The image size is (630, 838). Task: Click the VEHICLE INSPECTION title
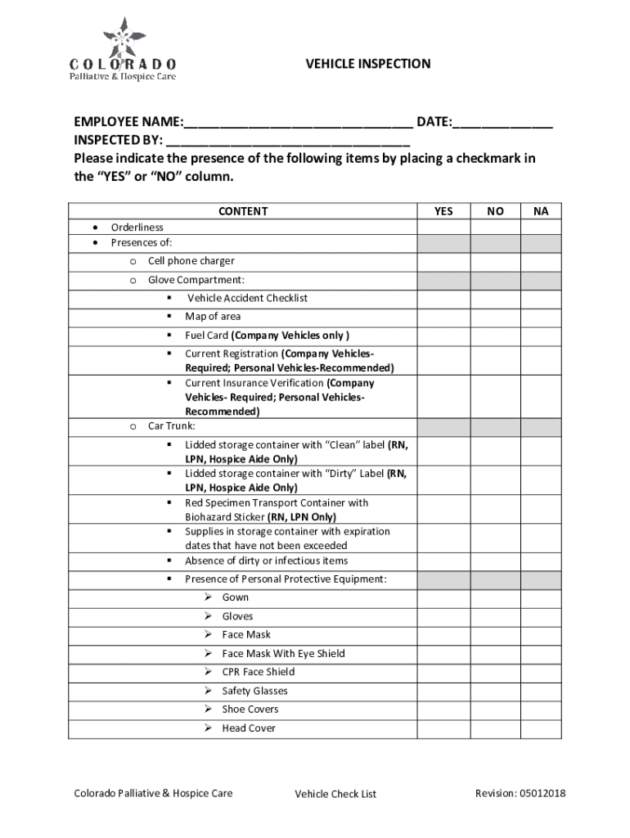click(367, 64)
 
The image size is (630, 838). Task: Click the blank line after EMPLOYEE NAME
click(298, 125)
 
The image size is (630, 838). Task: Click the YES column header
click(443, 211)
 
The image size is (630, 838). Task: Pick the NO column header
click(495, 211)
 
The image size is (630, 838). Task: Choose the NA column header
click(541, 211)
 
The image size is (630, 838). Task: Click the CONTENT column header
click(243, 211)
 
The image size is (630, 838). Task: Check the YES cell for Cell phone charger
click(443, 262)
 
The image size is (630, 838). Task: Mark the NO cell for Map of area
click(495, 318)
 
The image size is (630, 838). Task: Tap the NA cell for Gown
click(541, 598)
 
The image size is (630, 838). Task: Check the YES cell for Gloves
click(443, 617)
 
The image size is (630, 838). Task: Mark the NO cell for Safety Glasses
click(495, 692)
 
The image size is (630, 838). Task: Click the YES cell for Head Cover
click(443, 729)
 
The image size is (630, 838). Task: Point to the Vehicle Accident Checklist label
click(247, 299)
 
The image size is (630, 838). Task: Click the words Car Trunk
click(172, 426)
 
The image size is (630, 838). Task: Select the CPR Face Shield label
click(259, 673)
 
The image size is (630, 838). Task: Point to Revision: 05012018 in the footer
click(520, 793)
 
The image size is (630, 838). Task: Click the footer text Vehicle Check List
click(335, 794)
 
